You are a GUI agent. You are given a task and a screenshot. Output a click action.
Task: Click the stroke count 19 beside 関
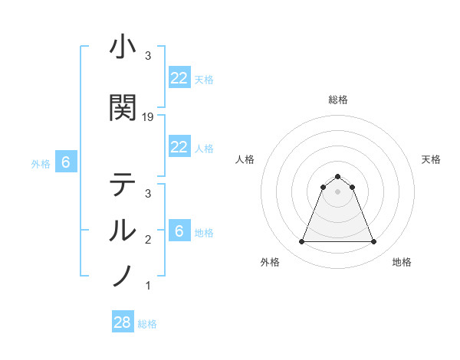[x=149, y=117]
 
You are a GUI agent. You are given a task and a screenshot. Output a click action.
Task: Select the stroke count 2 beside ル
[x=148, y=240]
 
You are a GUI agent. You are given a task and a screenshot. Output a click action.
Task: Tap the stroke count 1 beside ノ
[x=148, y=286]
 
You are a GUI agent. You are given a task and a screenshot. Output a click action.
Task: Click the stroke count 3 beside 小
[x=148, y=56]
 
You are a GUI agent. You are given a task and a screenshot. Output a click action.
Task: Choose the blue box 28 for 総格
[x=123, y=322]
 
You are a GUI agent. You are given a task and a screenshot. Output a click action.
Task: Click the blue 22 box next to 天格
[x=179, y=78]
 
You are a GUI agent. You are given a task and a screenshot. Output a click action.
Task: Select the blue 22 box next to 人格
[x=179, y=147]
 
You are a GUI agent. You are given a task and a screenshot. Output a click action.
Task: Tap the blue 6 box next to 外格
[x=66, y=162]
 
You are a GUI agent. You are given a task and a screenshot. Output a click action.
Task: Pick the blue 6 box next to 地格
[x=179, y=231]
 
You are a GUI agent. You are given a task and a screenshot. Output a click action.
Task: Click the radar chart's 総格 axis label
[x=337, y=100]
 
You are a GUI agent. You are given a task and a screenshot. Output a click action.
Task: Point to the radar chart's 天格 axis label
[x=432, y=159]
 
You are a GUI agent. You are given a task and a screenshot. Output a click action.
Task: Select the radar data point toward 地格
[x=373, y=242]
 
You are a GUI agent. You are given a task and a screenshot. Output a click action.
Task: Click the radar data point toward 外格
[x=301, y=242]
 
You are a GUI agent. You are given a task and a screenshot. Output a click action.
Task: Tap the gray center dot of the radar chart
[x=337, y=191]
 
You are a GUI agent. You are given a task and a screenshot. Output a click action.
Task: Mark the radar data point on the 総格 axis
[x=337, y=176]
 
